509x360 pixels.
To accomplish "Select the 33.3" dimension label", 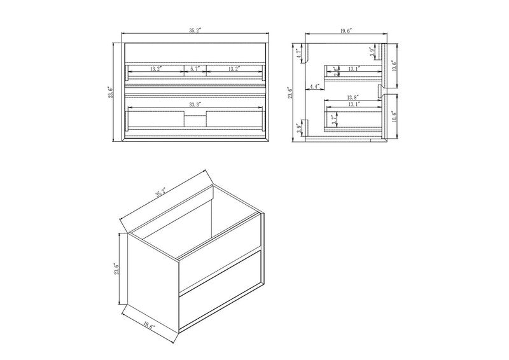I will (195, 103).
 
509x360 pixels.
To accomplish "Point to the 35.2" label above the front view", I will (196, 30).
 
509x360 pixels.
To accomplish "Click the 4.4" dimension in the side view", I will (314, 87).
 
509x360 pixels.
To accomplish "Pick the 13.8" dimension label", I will (354, 97).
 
